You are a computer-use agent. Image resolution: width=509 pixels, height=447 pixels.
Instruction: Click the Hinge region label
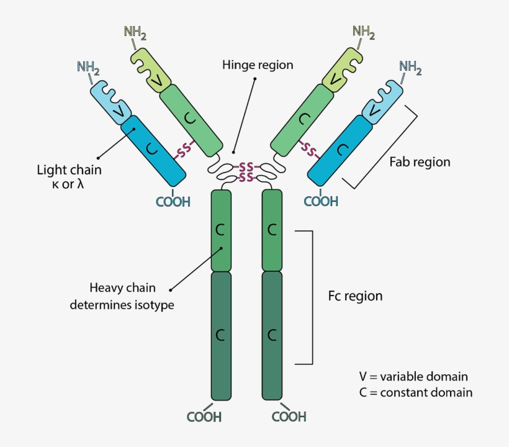pyautogui.click(x=258, y=65)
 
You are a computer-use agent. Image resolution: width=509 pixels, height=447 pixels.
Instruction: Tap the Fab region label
pyautogui.click(x=420, y=163)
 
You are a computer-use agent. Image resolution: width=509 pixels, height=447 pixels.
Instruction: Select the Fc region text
pyautogui.click(x=355, y=296)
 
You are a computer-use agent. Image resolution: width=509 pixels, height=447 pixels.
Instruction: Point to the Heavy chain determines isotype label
pyautogui.click(x=122, y=296)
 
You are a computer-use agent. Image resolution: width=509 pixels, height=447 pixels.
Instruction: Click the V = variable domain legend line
pyautogui.click(x=413, y=377)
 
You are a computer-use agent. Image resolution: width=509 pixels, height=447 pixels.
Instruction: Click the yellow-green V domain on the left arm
pyautogui.click(x=153, y=72)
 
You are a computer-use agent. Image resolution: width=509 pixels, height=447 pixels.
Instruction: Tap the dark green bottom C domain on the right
pyautogui.click(x=272, y=335)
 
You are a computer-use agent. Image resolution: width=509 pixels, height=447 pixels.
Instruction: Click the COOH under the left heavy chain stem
pyautogui.click(x=204, y=417)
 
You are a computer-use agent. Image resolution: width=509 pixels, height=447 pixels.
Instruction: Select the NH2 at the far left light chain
pyautogui.click(x=89, y=66)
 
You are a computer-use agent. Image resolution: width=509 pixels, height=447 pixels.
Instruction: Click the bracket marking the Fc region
pyautogui.click(x=311, y=297)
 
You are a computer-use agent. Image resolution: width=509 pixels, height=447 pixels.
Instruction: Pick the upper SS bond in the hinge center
pyautogui.click(x=246, y=167)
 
